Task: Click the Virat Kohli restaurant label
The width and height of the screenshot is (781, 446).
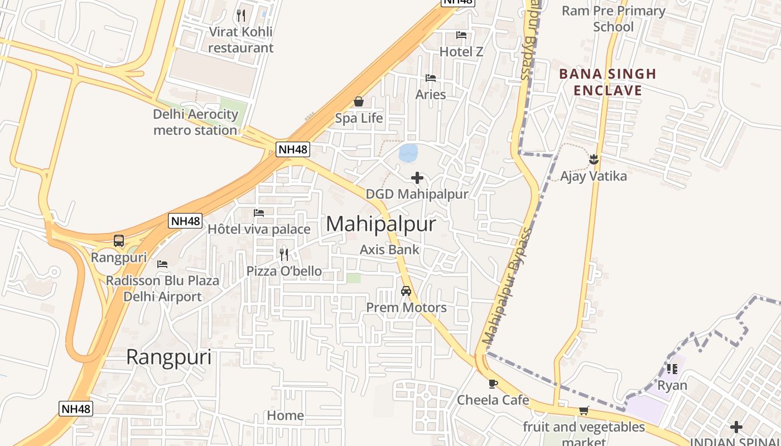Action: pos(241,40)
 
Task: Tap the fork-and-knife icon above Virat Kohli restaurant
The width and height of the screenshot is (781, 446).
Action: pos(241,15)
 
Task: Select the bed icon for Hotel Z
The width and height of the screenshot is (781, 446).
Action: pos(461,35)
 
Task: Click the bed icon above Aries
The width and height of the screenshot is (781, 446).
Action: pos(431,78)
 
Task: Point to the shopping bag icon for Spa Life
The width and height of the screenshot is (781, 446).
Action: pos(359,101)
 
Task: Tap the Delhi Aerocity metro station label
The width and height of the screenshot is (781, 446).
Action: pos(195,122)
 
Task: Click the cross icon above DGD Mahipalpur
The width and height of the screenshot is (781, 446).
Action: pos(417,178)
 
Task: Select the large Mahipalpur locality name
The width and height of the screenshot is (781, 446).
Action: pos(380,224)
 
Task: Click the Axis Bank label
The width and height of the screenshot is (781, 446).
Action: pos(389,249)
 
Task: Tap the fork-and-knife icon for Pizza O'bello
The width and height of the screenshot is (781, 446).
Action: pos(284,255)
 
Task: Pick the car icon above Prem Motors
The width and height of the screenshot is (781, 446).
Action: pos(406,291)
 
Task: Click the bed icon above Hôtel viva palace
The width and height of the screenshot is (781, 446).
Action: pos(259,213)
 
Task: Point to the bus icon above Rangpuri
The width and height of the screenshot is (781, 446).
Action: pos(119,241)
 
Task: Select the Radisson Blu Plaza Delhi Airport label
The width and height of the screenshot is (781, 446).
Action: pos(162,288)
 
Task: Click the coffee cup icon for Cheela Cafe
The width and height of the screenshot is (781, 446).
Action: pos(493,384)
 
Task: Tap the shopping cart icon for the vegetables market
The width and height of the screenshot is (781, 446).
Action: pos(584,411)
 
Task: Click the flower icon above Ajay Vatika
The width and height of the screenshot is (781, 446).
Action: pos(594,159)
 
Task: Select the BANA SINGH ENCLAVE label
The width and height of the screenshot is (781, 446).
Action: pos(608,82)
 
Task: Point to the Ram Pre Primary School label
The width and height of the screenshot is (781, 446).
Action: pos(613,18)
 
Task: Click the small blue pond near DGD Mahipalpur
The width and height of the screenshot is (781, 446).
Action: pos(408,153)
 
